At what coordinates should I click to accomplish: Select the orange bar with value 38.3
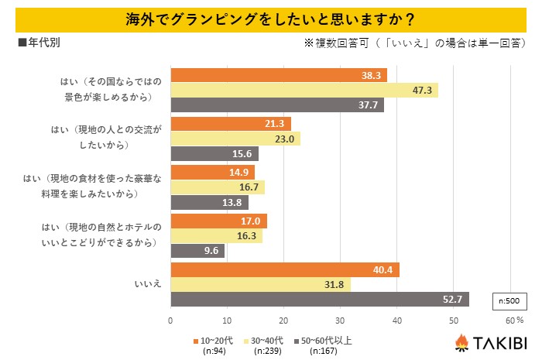pos(279,75)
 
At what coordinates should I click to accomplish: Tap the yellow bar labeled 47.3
pos(304,90)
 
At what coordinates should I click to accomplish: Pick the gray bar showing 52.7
pos(320,299)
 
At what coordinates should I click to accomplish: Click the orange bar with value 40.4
pos(285,270)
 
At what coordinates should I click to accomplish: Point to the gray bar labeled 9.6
pos(197,250)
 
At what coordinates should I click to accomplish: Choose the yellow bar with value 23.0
pos(235,139)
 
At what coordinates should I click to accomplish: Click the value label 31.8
pos(337,285)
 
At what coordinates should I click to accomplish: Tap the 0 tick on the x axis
pos(171,319)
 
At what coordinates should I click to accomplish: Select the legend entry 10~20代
pos(213,340)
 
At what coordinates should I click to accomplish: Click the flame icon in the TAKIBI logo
pos(461,342)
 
